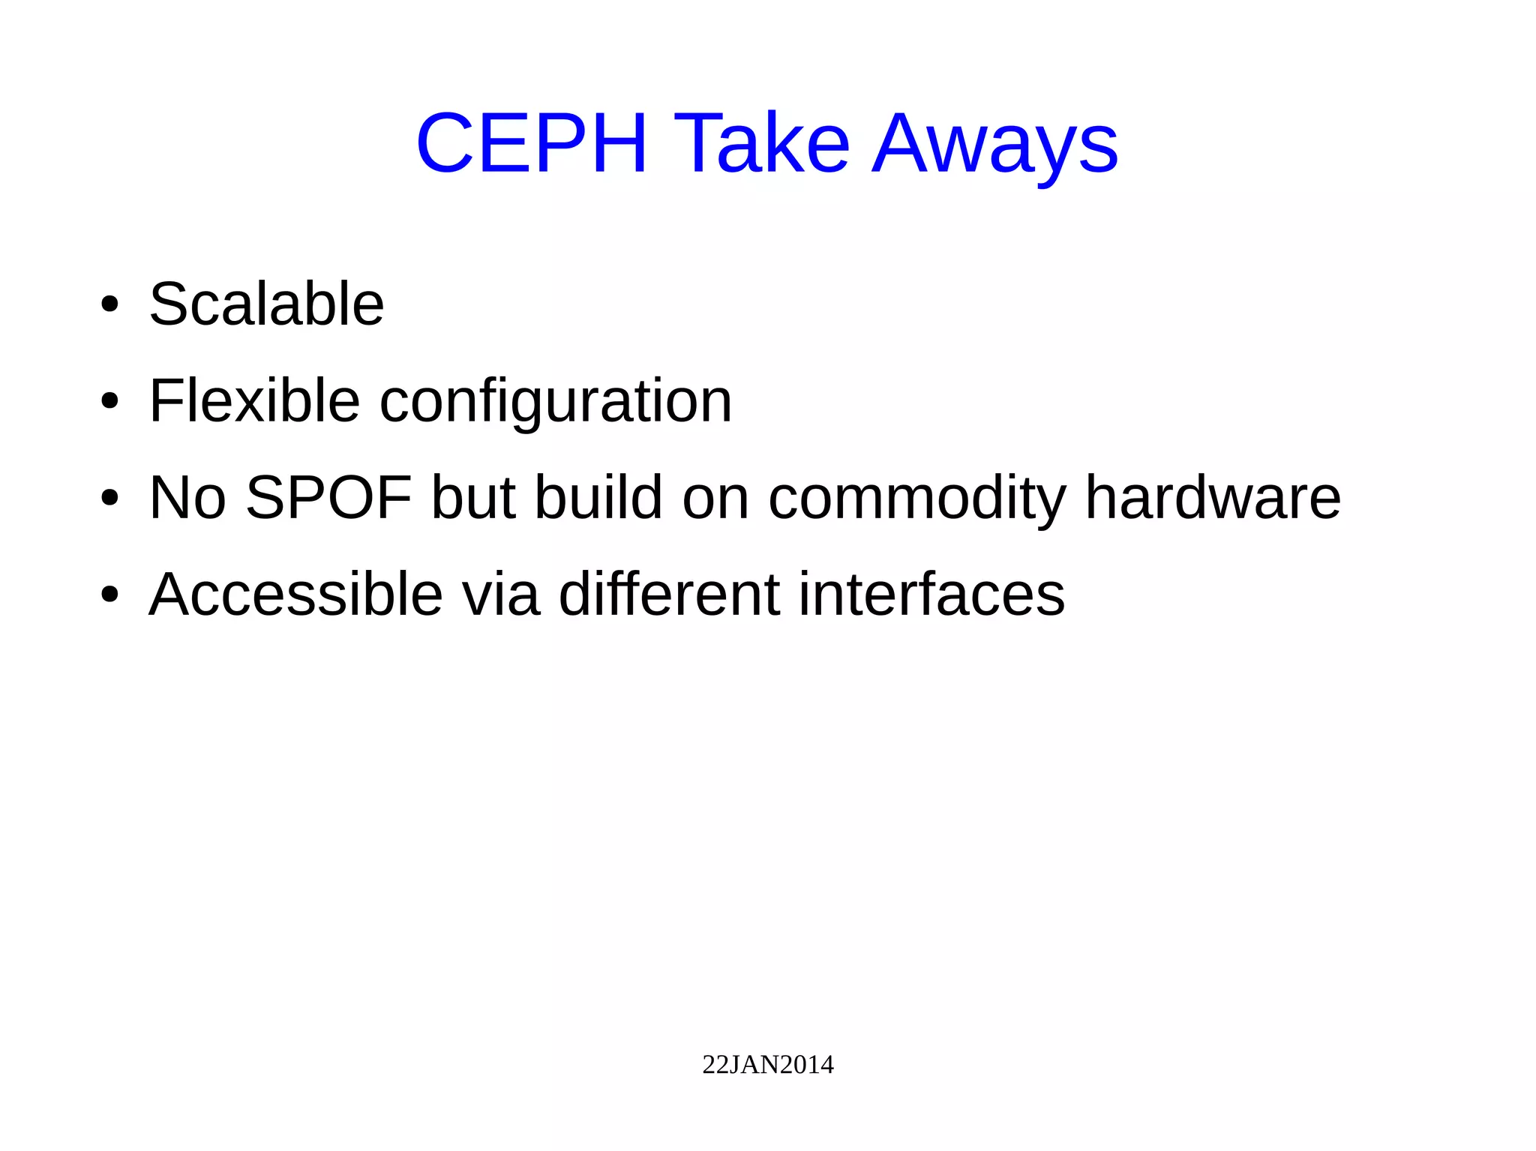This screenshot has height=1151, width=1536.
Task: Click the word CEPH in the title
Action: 531,143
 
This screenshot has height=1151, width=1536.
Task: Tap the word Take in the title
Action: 761,143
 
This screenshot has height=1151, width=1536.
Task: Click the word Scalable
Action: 266,304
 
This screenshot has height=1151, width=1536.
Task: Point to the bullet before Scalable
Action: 109,304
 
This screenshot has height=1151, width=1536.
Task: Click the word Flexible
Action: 254,401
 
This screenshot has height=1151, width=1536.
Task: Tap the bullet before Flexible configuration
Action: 109,401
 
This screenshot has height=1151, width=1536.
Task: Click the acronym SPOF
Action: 328,498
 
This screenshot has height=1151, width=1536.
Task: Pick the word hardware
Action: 1213,498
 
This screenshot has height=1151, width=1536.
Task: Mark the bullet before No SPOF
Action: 109,498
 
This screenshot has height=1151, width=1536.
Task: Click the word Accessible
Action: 295,595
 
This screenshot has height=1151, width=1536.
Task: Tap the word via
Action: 500,595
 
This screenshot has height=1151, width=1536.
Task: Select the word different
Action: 669,595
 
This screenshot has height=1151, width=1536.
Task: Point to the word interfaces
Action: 931,595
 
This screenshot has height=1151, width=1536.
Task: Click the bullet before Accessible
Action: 109,595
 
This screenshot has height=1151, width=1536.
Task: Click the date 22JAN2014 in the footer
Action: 767,1065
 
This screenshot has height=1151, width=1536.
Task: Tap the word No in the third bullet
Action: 187,498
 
